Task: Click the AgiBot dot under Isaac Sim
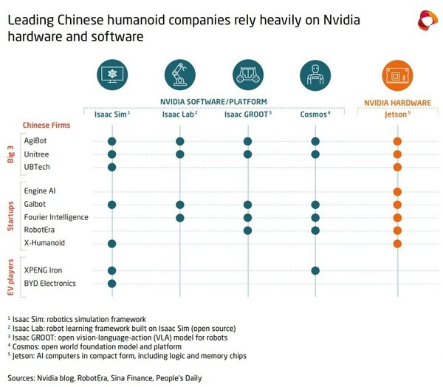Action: click(x=112, y=141)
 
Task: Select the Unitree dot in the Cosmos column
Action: click(x=315, y=154)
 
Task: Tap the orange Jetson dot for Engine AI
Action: click(x=397, y=192)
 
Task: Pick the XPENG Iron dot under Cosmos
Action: click(x=315, y=270)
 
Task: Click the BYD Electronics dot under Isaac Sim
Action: click(x=112, y=284)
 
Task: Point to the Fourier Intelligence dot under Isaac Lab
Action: click(x=179, y=218)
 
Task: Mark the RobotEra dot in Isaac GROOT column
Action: click(x=247, y=230)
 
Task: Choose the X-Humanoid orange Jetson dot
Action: click(x=397, y=244)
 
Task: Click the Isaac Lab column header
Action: click(x=179, y=114)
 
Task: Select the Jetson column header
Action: click(x=397, y=114)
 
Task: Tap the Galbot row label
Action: click(x=35, y=204)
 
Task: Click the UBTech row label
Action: click(x=37, y=167)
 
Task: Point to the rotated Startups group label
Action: click(x=10, y=216)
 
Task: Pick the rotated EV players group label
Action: click(x=10, y=277)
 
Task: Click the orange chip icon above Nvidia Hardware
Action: click(x=397, y=75)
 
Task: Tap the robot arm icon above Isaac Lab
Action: click(x=180, y=75)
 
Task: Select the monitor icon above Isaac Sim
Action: click(x=112, y=75)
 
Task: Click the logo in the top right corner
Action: click(x=427, y=21)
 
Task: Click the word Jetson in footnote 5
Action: click(x=24, y=356)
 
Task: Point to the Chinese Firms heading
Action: click(x=47, y=125)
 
